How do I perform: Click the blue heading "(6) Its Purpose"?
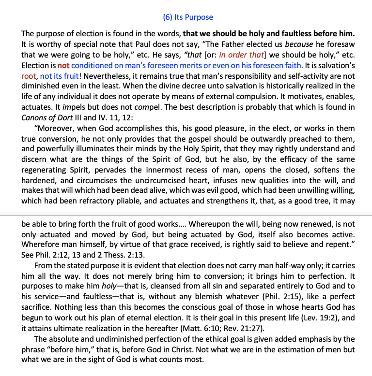[x=188, y=17]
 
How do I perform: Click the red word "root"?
[x=29, y=75]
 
